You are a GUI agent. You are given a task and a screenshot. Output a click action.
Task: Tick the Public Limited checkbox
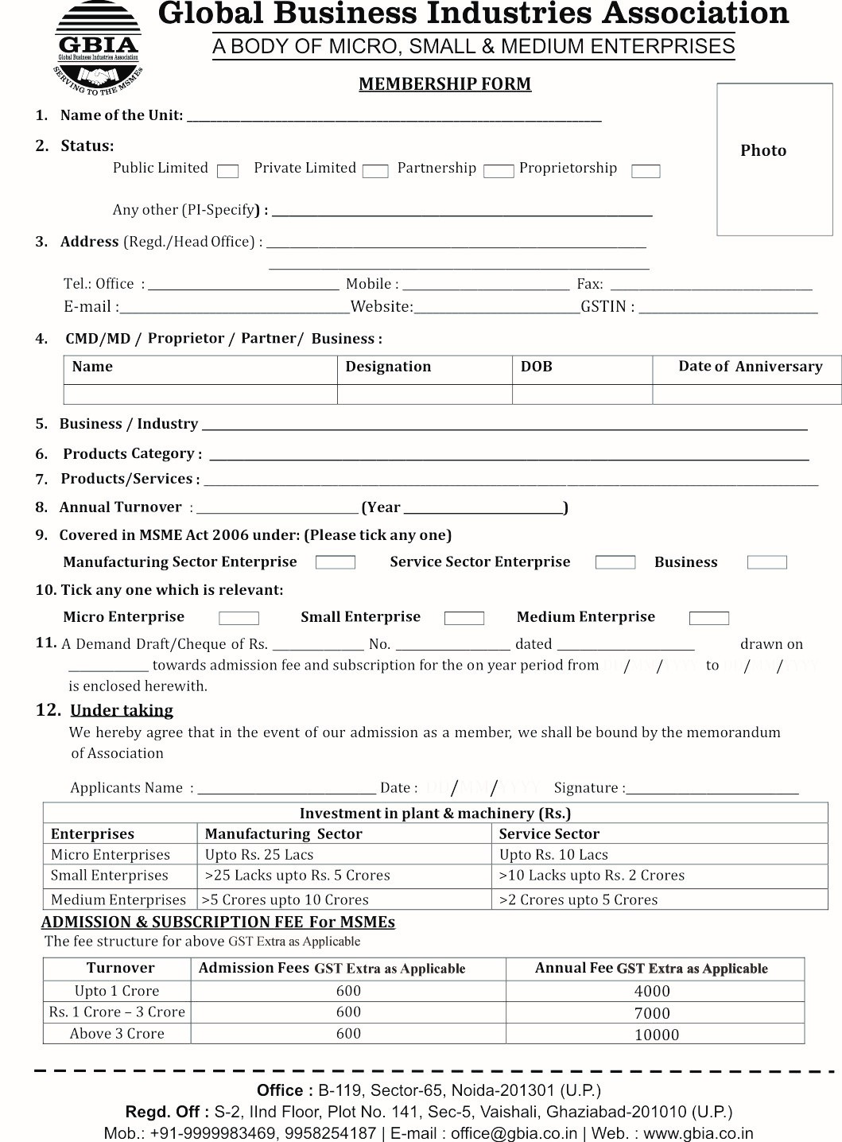click(228, 171)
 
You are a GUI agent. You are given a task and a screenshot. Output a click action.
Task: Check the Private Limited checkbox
click(375, 171)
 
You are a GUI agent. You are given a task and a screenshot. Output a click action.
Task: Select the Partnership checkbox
click(499, 171)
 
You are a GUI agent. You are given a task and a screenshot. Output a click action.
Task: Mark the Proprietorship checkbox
click(646, 171)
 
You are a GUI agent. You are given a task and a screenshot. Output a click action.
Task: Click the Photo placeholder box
click(763, 159)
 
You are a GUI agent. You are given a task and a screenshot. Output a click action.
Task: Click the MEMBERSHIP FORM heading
click(444, 84)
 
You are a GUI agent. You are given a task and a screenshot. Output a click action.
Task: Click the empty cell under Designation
click(425, 394)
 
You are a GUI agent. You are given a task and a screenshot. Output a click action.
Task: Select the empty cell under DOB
click(582, 394)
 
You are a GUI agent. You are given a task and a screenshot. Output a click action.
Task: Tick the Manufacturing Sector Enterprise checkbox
click(336, 563)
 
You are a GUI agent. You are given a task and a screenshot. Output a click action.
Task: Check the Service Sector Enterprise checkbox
click(615, 563)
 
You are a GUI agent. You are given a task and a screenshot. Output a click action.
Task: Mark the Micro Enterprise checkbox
click(239, 618)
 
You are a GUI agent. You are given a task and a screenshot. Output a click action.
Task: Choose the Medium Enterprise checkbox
click(709, 618)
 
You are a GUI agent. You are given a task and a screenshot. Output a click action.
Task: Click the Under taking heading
click(122, 710)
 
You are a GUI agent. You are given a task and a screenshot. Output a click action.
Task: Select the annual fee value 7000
click(652, 1013)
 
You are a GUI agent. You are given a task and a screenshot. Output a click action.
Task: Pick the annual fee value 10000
click(657, 1035)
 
